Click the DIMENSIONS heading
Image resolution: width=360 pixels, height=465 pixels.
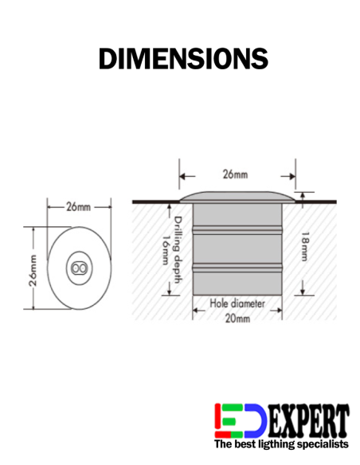[x=182, y=58]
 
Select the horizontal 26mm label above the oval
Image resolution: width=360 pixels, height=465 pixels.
[x=78, y=207]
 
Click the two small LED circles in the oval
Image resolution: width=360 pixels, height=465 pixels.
[x=78, y=270]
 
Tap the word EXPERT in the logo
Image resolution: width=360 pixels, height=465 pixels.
[x=308, y=420]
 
